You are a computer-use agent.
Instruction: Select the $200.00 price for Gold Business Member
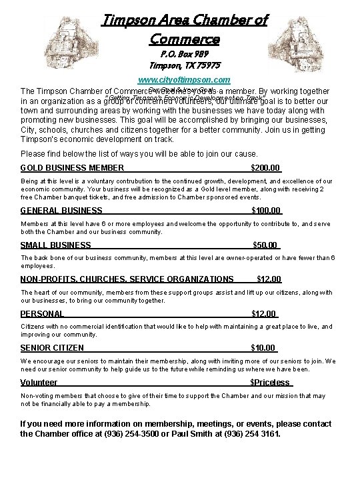coord(265,167)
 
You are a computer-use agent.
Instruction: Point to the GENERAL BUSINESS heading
coord(61,211)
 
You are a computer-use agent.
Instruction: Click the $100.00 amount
coord(265,211)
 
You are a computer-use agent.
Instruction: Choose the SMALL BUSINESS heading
coord(56,245)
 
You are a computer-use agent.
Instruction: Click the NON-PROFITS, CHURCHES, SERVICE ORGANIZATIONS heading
coord(127,279)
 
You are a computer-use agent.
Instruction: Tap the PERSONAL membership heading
coord(43,313)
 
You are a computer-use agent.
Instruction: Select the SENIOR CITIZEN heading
coord(53,348)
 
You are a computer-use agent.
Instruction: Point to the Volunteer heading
coord(39,383)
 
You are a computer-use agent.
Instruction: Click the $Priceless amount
coord(270,383)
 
